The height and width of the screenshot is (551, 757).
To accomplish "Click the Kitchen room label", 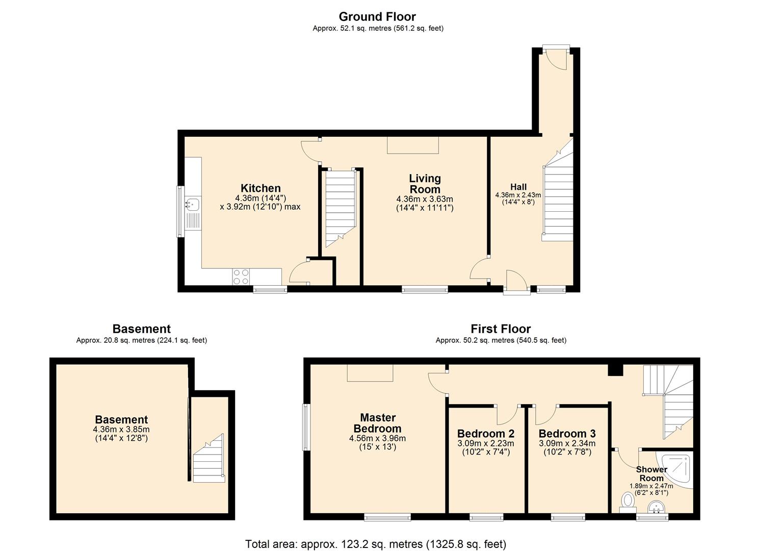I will click(260, 188).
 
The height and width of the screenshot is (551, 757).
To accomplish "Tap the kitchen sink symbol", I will click(193, 205).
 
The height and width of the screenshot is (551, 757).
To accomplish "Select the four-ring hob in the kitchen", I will click(241, 276).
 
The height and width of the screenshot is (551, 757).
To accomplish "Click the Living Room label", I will click(425, 184).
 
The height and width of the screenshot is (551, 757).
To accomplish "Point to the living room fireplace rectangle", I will click(413, 145).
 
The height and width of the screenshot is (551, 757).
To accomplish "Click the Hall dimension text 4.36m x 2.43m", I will click(518, 195).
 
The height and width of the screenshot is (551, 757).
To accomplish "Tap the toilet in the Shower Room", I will click(627, 500).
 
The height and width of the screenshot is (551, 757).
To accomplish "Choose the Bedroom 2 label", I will click(486, 434).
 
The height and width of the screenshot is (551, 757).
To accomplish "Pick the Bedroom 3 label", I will click(567, 434).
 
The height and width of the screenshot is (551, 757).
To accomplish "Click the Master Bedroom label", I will click(377, 423).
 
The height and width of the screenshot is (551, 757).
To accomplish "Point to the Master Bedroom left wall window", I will click(306, 427).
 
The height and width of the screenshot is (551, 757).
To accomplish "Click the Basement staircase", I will click(209, 459).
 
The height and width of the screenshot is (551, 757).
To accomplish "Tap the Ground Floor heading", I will click(377, 17).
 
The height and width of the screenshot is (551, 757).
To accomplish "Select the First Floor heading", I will click(501, 329).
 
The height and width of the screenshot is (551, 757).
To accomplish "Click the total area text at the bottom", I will click(376, 544).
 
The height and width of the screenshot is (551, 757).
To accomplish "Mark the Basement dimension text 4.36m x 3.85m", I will click(121, 430).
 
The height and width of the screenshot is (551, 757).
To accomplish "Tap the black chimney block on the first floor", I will click(616, 370).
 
